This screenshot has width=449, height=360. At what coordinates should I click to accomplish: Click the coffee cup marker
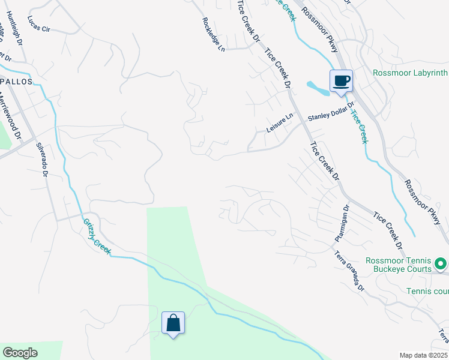click(x=341, y=80)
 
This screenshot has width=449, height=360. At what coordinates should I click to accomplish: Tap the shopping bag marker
click(x=173, y=323)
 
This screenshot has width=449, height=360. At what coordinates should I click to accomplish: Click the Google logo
click(x=20, y=353)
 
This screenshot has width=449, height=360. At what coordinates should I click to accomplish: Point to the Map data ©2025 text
click(x=423, y=355)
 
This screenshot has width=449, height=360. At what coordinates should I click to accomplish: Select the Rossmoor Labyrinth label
click(x=411, y=73)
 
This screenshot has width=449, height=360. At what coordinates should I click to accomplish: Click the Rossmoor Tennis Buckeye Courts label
click(x=402, y=265)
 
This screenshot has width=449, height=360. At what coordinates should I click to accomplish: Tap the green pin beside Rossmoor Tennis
click(x=441, y=264)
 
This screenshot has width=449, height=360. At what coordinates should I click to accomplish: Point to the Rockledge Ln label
click(x=213, y=34)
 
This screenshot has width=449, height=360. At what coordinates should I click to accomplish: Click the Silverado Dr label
click(x=42, y=159)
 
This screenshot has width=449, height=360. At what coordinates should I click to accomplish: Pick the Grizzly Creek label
click(x=97, y=236)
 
